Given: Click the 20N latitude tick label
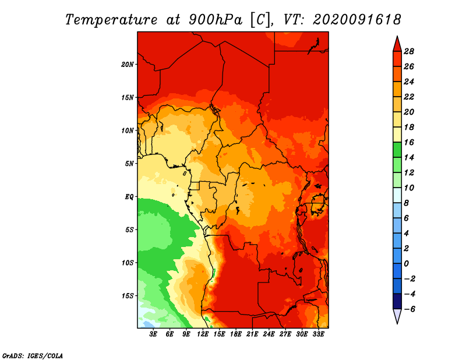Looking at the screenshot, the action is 128,65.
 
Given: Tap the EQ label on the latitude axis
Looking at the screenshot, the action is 129,197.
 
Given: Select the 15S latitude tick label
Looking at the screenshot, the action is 128,296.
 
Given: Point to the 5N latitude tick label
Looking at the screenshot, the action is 129,164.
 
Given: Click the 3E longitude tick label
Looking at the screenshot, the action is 153,334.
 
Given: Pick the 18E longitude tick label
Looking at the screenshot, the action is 236,334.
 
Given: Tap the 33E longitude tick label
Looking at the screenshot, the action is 318,334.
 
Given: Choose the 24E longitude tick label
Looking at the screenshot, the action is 269,334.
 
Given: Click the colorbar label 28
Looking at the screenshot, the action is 409,51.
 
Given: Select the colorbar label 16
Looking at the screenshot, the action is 409,142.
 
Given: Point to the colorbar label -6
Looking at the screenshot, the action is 409,309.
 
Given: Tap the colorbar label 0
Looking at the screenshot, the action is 406,264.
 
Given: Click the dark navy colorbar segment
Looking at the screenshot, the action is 397,301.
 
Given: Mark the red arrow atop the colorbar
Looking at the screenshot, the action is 397,45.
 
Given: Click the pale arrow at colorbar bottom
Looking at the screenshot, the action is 397,316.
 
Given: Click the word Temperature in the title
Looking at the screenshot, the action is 111,20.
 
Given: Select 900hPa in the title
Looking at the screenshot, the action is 215,20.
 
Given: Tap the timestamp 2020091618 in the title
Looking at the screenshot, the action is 356,20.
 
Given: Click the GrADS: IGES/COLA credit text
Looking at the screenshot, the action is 33,355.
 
